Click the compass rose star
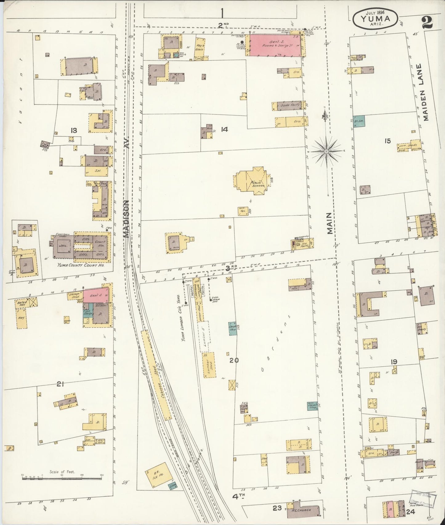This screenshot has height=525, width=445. pyautogui.click(x=326, y=151)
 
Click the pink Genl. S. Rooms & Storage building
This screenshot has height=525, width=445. pyautogui.click(x=275, y=45)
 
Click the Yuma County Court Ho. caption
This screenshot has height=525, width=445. pyautogui.click(x=81, y=264)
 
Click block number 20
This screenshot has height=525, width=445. pyautogui.click(x=234, y=360)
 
